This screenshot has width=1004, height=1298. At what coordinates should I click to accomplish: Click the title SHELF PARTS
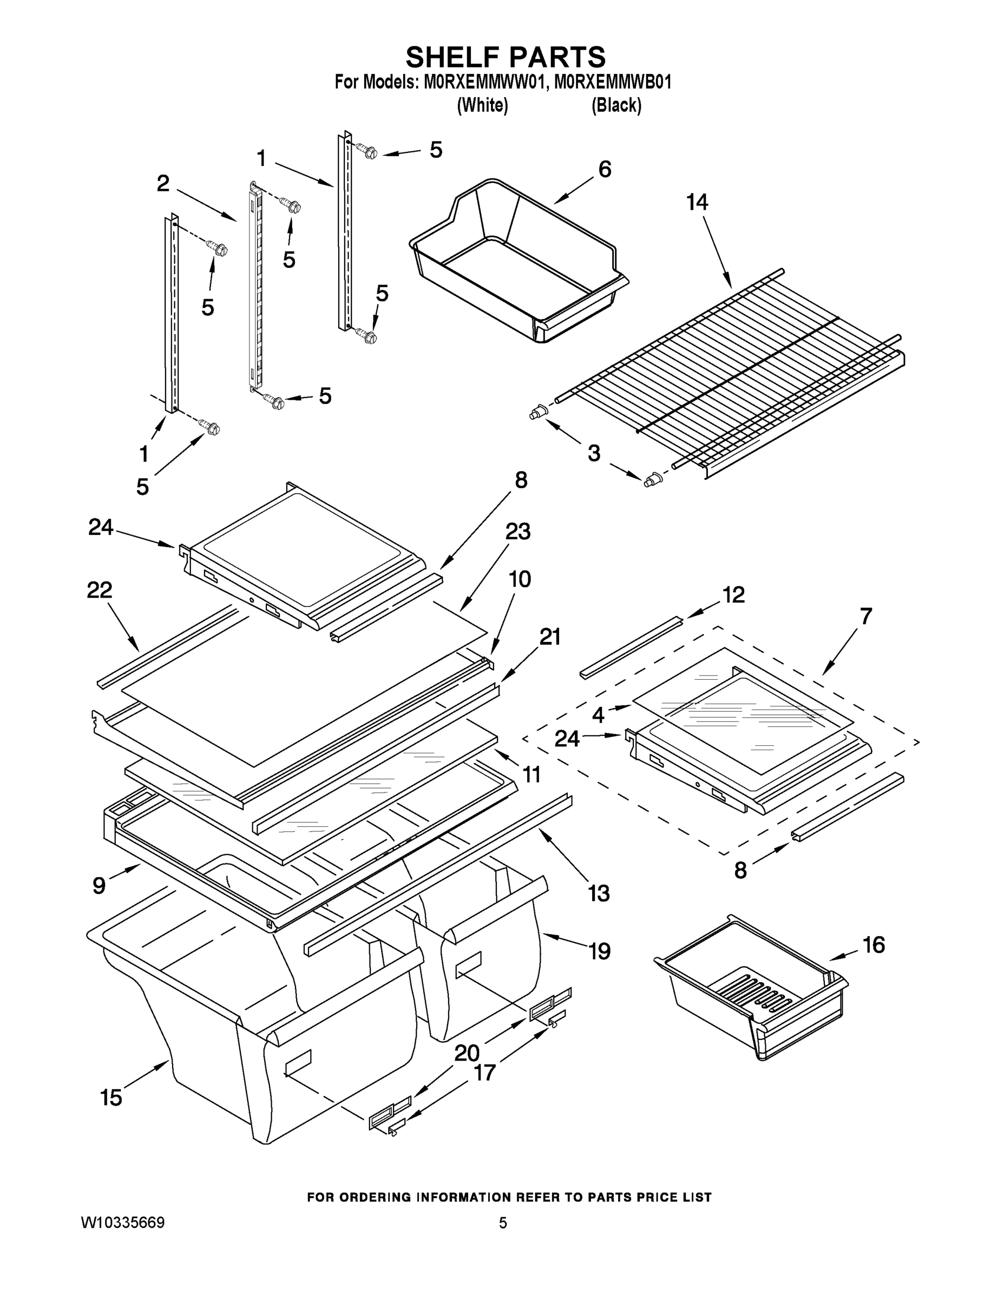pos(505,58)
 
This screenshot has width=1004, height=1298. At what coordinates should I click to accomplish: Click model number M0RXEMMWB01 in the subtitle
pos(613,83)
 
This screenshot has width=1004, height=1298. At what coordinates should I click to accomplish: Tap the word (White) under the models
pos(482,106)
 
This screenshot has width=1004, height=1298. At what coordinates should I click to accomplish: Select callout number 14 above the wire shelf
pos(697,203)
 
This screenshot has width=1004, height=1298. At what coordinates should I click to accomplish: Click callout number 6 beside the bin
pos(605,169)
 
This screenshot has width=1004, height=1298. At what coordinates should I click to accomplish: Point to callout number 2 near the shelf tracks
pos(163,184)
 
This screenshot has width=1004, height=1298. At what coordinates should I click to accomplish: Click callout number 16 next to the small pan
pos(874,944)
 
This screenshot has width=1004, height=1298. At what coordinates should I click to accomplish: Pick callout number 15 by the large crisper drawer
pos(111,1097)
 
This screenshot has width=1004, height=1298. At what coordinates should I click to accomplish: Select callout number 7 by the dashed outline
pos(865,617)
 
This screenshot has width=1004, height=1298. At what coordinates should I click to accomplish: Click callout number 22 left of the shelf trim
pos(100,590)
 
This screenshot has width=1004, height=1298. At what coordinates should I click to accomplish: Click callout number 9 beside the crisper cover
pos(100,885)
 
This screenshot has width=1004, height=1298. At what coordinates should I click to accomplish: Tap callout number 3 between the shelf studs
pos(594,453)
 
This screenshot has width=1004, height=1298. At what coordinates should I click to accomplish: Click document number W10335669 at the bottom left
pos(122,1222)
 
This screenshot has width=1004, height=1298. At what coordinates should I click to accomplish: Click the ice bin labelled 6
pos(517,262)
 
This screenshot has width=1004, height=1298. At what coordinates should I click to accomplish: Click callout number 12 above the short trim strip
pos(733,595)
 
